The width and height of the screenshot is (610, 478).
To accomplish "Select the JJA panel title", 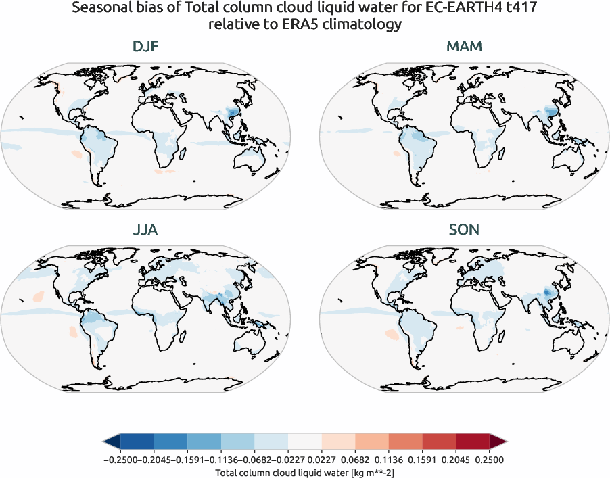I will [145, 230].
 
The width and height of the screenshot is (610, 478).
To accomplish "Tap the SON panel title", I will [464, 230].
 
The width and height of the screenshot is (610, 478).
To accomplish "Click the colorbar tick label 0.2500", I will [489, 460].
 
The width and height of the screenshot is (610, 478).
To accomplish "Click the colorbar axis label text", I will [304, 473].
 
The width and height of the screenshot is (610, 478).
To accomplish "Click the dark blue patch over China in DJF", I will [234, 112].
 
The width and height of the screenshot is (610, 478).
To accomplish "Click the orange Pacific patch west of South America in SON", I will [392, 334].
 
